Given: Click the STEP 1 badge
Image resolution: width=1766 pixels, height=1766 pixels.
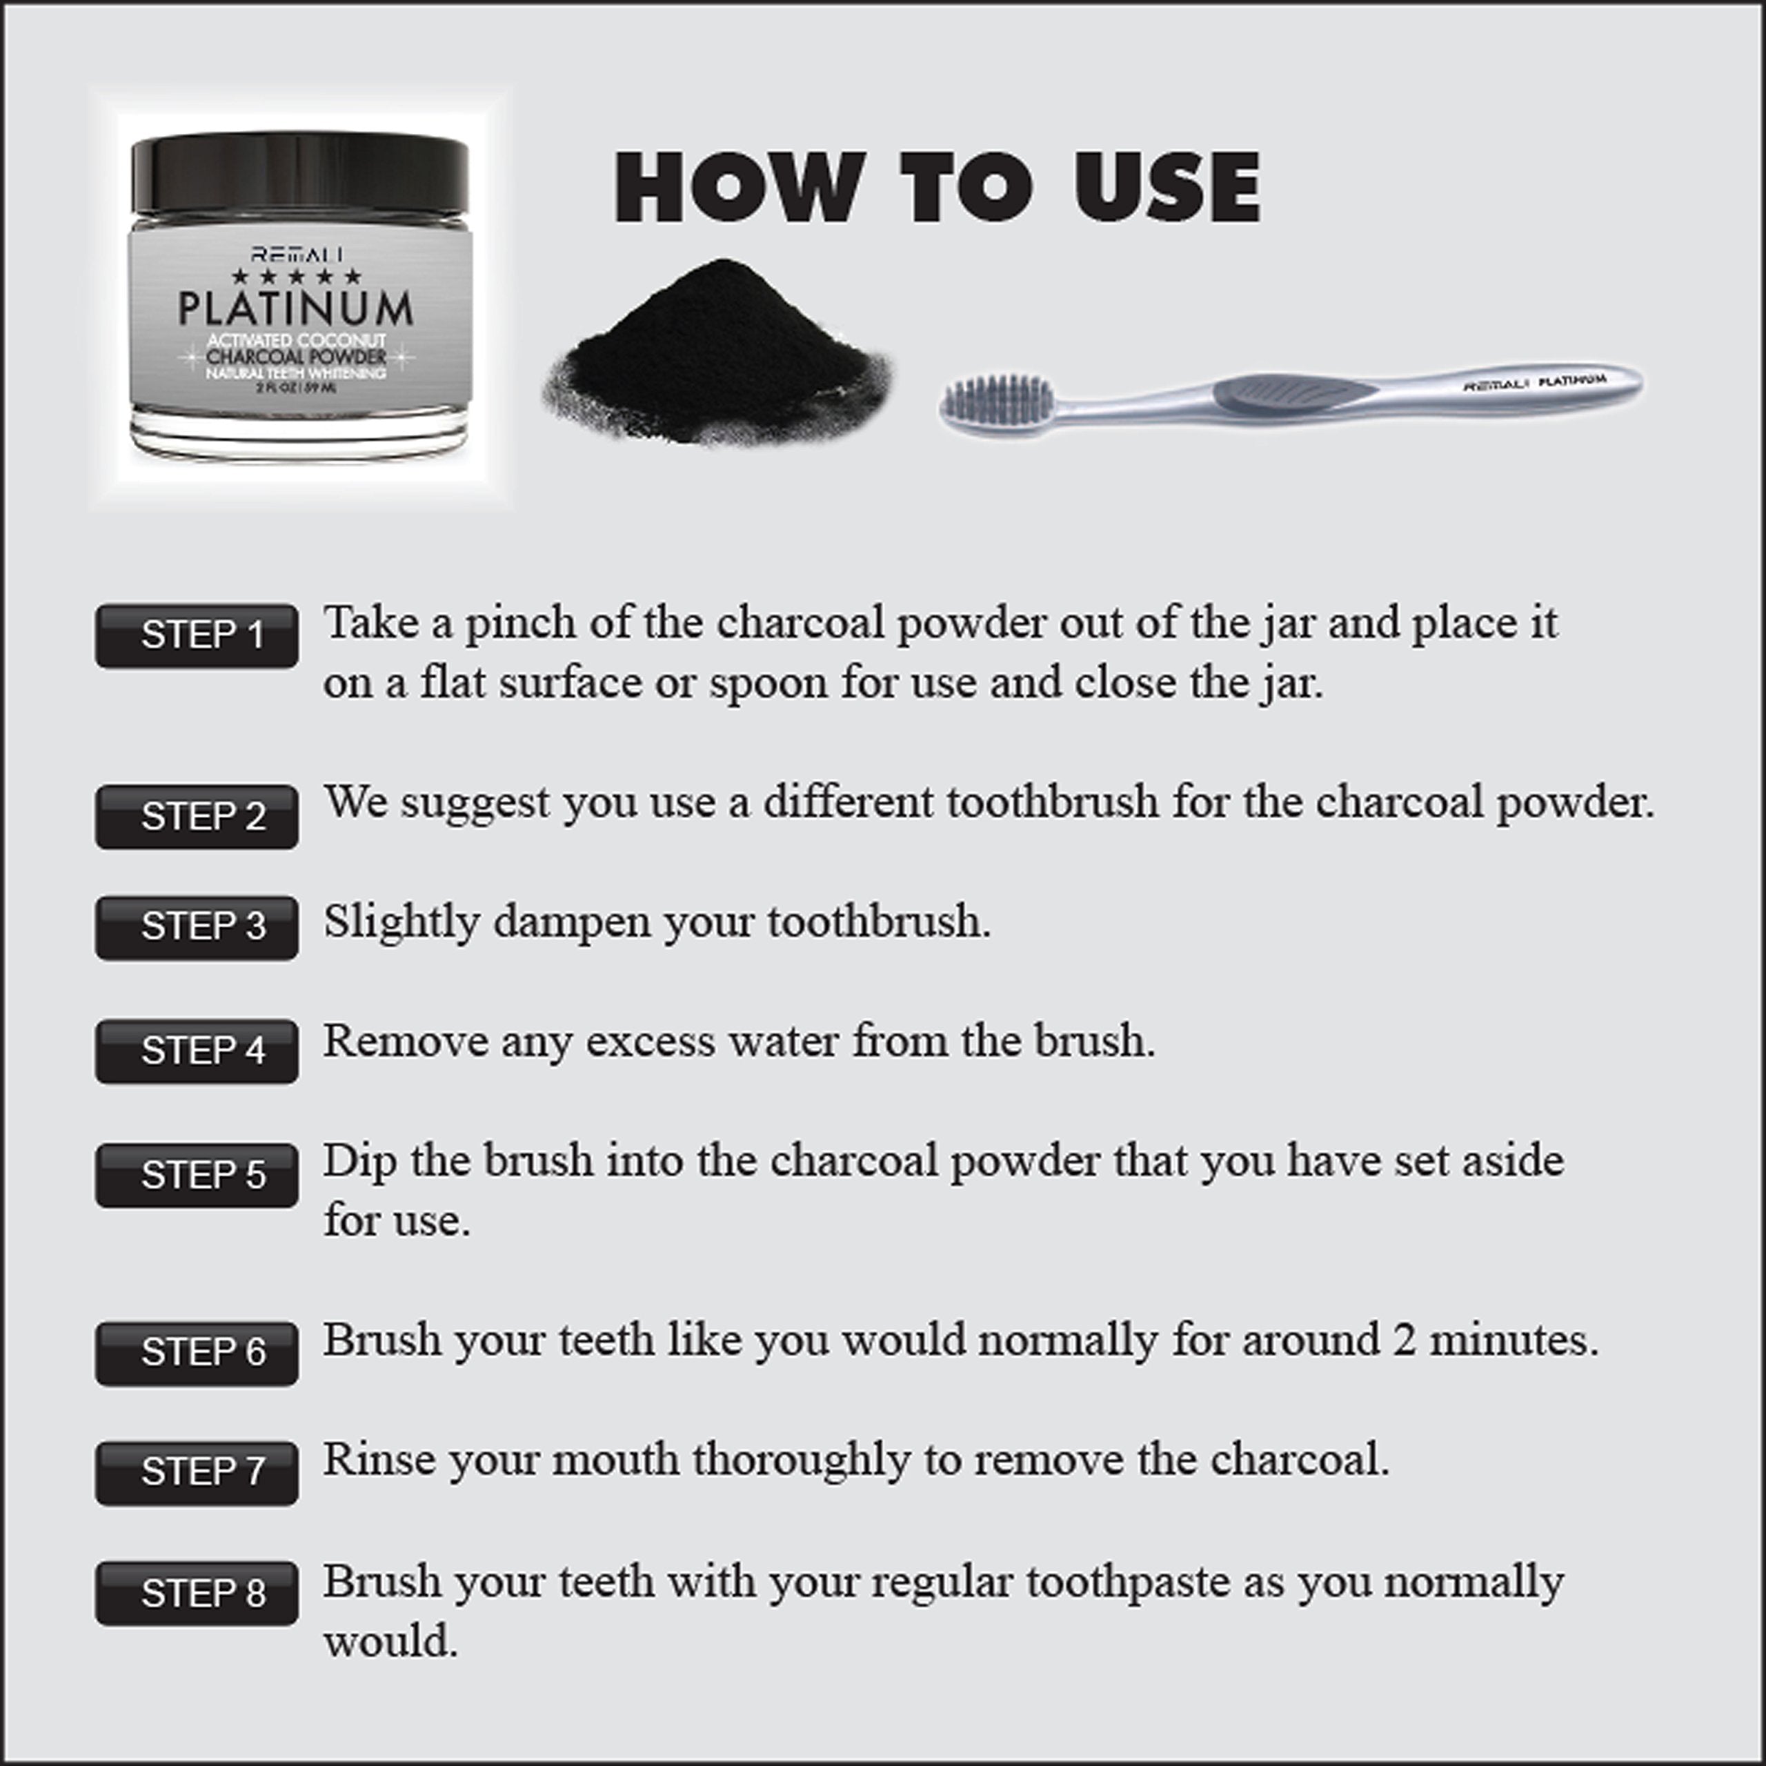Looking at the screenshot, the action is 197,635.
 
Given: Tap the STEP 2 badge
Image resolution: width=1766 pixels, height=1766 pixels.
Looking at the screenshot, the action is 197,816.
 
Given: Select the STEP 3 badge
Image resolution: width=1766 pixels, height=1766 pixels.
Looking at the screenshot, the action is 197,927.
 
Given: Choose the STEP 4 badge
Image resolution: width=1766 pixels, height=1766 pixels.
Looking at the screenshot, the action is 197,1051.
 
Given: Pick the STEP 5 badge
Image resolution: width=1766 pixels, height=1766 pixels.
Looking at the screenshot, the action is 197,1175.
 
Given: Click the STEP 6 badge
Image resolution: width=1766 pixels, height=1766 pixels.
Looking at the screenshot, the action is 197,1353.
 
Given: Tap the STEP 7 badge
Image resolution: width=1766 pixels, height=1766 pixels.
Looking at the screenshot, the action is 197,1473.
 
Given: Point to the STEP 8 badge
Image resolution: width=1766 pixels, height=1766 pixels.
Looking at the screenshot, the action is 197,1594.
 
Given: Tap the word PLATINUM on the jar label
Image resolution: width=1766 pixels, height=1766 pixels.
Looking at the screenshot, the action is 295,309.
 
